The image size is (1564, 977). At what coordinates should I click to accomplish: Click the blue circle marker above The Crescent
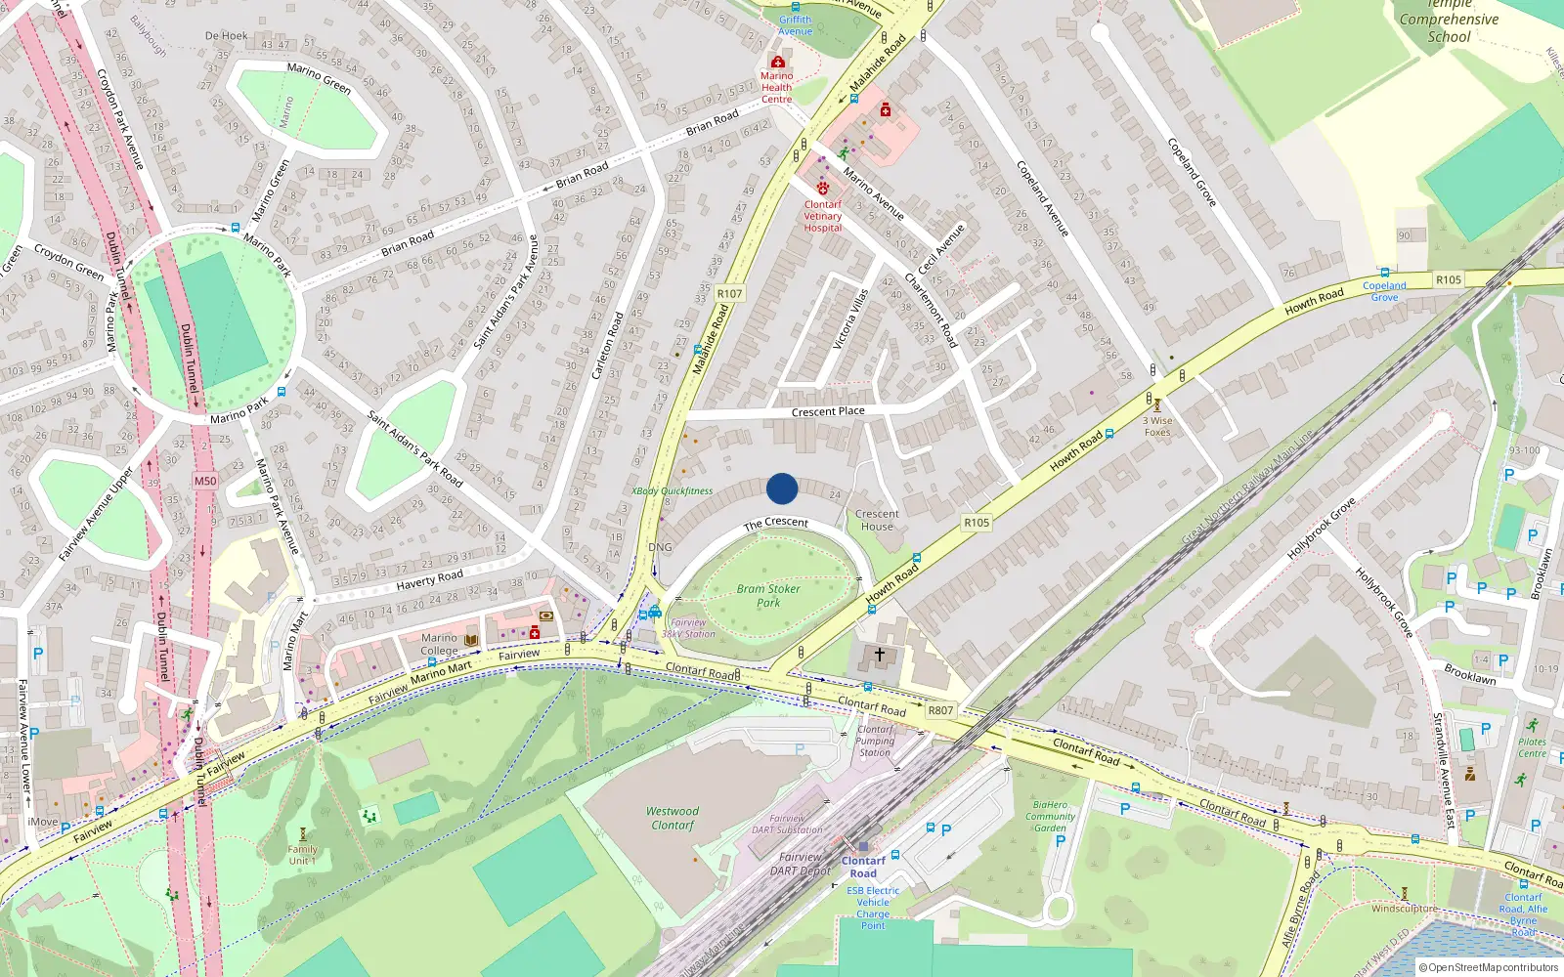782,488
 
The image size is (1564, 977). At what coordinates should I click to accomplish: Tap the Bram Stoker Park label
768,596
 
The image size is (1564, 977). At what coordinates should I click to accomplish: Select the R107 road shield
729,293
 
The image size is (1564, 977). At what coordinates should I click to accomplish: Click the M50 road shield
205,481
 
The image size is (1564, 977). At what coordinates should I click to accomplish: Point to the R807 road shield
940,710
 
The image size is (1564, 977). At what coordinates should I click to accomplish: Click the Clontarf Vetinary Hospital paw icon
823,188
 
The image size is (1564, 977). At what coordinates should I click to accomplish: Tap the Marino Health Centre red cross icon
778,63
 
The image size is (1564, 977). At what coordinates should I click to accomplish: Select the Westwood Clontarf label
673,819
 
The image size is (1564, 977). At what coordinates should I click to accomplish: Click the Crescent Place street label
828,412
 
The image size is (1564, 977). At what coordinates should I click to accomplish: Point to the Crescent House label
877,520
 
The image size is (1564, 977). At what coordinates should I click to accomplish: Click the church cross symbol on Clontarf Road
880,655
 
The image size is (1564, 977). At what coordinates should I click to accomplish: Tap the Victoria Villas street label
849,319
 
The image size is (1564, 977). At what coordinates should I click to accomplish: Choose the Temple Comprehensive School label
1449,21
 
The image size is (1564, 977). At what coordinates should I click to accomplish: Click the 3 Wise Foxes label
1157,426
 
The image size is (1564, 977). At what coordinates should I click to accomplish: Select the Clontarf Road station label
863,867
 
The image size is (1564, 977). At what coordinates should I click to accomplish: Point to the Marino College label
439,644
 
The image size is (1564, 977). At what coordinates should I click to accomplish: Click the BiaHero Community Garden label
1051,817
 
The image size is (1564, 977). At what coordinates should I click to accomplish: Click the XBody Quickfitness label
672,491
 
